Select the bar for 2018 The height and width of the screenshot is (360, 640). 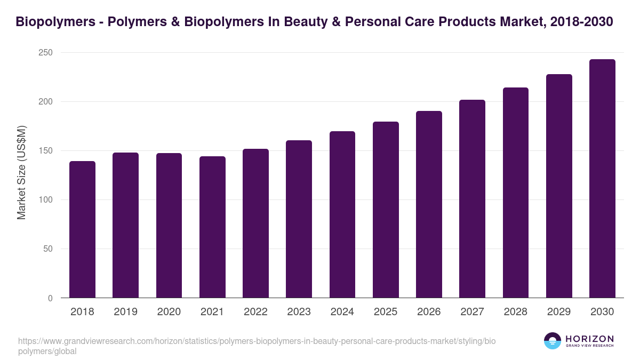pos(82,229)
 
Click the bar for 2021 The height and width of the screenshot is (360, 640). pos(212,227)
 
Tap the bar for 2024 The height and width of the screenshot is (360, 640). pos(342,214)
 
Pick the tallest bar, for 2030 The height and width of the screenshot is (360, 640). pos(602,179)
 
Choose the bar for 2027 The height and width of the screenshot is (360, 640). pos(472,199)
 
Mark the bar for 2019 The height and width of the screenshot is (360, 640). pos(125,225)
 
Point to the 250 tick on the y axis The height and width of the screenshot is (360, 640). pos(45,53)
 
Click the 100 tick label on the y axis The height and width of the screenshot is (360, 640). pos(45,200)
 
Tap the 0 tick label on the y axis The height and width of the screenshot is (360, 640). pos(50,298)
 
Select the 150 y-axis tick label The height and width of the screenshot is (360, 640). pos(45,151)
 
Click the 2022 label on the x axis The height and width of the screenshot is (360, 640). pos(255,312)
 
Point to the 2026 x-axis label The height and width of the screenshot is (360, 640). pos(429,312)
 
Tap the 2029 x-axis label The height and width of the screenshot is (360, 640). pos(559,312)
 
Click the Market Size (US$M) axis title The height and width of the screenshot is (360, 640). pos(21,172)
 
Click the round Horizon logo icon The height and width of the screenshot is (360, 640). pos(553,341)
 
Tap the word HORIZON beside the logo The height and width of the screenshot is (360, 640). pos(589,338)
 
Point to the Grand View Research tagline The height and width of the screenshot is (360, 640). pos(589,346)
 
